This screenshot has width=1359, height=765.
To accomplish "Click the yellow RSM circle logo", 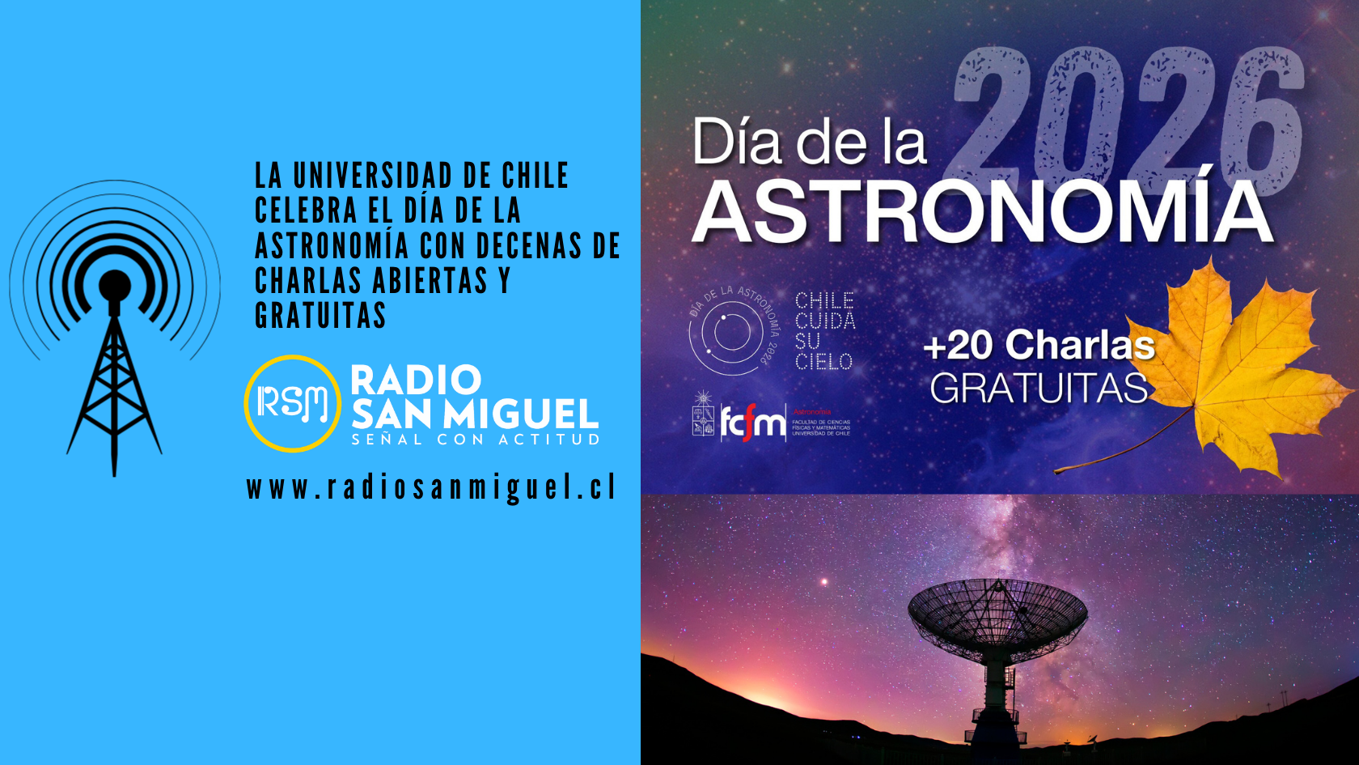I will (292, 403).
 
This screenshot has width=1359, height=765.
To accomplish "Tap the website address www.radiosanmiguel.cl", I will (431, 488).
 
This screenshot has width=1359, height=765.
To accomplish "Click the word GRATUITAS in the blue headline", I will (320, 316).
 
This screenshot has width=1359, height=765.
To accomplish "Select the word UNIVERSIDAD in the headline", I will (373, 176).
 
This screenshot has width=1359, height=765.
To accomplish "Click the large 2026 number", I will (1128, 109).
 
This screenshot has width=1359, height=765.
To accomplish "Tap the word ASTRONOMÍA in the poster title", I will (982, 212).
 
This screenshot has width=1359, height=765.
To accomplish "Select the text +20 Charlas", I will (1039, 346).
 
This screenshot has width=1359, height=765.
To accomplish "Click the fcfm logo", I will (752, 422).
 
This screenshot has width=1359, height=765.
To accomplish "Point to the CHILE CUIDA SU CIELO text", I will (824, 331).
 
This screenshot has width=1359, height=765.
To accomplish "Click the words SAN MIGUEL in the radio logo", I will (475, 414).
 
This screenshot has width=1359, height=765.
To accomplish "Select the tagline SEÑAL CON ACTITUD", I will (476, 440).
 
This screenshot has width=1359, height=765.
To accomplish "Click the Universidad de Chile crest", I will (702, 415).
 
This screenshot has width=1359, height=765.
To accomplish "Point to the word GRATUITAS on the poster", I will (1039, 389).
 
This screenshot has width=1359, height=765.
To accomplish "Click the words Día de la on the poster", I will (809, 143).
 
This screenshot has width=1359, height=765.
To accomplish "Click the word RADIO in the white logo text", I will (416, 380).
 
